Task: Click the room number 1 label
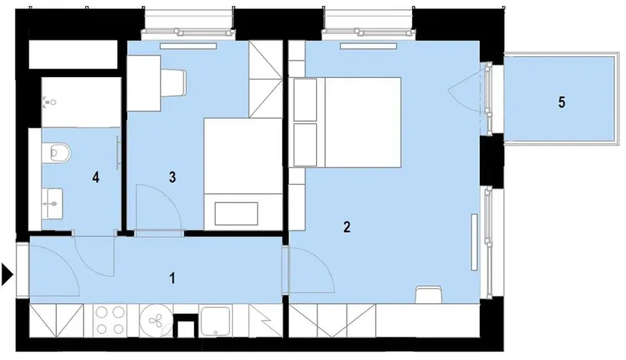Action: click(x=172, y=278)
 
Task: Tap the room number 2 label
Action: click(x=347, y=227)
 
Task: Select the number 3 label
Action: click(x=172, y=178)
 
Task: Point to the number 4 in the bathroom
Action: click(x=95, y=178)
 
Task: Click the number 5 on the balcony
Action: click(x=562, y=102)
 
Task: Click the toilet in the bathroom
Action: click(x=58, y=153)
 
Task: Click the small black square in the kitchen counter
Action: click(x=185, y=327)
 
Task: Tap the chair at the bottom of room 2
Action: click(x=428, y=295)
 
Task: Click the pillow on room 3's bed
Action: click(x=236, y=212)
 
